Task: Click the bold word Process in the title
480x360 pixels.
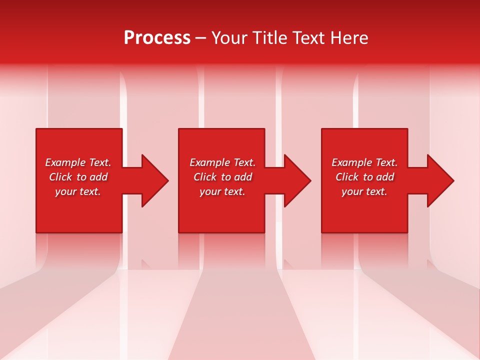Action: tap(157, 38)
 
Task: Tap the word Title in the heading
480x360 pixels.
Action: tap(269, 38)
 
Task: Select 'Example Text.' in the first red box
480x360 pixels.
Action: tap(78, 162)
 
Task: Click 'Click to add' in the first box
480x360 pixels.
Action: tap(78, 177)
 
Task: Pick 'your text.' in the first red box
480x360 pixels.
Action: tap(78, 191)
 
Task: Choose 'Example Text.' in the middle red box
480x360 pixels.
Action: tap(222, 162)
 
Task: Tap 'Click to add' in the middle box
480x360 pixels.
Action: tap(222, 177)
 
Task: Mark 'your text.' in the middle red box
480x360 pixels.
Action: tap(222, 191)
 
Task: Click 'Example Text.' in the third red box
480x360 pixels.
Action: tap(364, 162)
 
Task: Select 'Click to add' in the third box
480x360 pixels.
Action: tap(364, 177)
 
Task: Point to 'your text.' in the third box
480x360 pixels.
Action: tap(364, 191)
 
